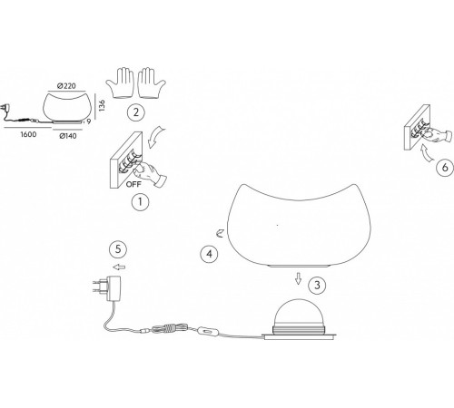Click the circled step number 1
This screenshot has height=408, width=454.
(x=140, y=202)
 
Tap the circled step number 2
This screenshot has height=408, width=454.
(x=136, y=112)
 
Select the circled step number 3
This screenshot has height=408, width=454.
(x=317, y=286)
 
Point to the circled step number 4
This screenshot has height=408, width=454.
(x=209, y=254)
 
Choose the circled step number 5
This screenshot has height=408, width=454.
(x=118, y=249)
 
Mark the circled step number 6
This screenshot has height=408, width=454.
(x=445, y=167)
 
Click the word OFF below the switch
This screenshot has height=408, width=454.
(x=133, y=184)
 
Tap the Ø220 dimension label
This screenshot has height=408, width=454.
(x=66, y=86)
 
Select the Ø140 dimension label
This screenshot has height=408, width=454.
(x=68, y=136)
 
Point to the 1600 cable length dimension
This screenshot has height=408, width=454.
(x=28, y=134)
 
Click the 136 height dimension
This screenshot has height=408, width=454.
(x=102, y=106)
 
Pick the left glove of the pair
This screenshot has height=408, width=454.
(x=120, y=83)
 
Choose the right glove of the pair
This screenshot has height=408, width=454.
(x=152, y=83)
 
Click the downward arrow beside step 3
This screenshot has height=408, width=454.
(x=299, y=278)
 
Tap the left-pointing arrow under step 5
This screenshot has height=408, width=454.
(x=119, y=267)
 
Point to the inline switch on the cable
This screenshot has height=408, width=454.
(x=207, y=331)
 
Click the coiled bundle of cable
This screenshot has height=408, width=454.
(x=170, y=328)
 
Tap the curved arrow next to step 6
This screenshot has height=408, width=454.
(x=426, y=153)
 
